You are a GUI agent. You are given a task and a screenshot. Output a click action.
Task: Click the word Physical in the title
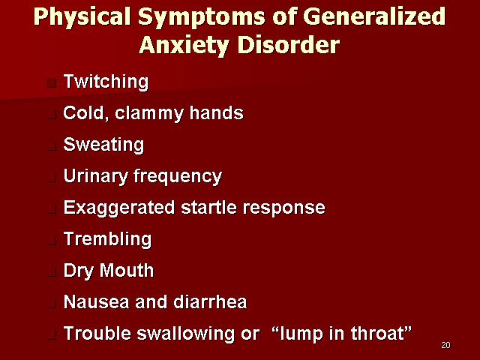coord(82,17)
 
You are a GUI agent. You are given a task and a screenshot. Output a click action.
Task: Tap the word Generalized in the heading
coord(374,16)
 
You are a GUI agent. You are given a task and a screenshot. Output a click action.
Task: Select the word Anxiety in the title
coord(184,45)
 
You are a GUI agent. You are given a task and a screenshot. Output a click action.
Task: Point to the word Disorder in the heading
coord(288,45)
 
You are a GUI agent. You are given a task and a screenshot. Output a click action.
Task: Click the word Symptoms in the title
coord(202,17)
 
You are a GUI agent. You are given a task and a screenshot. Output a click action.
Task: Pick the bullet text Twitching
coord(106,82)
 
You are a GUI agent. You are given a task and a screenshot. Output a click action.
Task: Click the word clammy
coord(149,113)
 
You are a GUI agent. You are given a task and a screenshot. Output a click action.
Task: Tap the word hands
coord(217,112)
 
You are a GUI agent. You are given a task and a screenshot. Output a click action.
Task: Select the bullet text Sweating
coord(103,145)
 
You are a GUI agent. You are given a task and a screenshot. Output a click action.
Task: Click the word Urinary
coord(95,177)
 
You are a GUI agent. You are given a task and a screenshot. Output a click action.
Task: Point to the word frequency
coord(178,177)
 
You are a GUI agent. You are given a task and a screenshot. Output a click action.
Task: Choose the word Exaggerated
coord(119,208)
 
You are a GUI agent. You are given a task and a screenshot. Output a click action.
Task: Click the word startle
coord(208,208)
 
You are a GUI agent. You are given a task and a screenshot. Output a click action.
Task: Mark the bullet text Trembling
coord(107,240)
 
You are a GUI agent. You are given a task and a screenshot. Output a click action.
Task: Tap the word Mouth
coord(127,270)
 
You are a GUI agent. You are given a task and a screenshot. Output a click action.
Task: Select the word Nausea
coord(96,302)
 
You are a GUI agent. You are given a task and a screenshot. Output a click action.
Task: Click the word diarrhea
coord(210,301)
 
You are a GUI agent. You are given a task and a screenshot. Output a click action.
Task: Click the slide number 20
coord(445,345)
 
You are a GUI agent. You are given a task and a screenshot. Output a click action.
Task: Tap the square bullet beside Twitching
coord(52,83)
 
